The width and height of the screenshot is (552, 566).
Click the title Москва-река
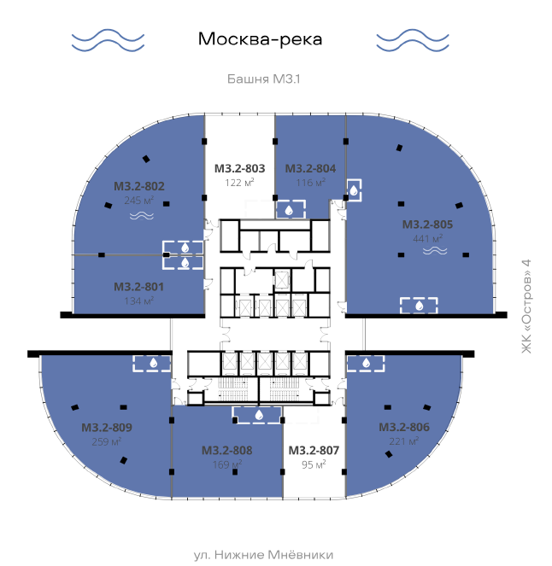260,39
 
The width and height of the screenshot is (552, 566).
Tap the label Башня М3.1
264,79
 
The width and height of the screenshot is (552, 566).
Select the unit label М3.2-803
239,168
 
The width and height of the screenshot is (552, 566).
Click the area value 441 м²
428,238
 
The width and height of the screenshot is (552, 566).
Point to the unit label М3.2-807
314,450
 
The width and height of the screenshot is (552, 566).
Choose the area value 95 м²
314,464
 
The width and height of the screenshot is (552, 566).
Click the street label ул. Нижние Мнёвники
263,554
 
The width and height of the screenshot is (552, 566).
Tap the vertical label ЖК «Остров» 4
526,306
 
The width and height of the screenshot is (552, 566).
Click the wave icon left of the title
108,40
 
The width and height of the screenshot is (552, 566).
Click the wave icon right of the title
413,40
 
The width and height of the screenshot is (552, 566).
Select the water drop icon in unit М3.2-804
289,210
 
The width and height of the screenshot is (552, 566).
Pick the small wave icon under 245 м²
142,216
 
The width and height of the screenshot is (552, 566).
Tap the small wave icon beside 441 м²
435,250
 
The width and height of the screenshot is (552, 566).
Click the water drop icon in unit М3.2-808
259,415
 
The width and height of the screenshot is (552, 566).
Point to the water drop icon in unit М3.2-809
154,363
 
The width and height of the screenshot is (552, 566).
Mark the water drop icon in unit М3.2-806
366,363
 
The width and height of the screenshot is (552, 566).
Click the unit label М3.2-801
138,287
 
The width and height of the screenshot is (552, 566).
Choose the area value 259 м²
106,441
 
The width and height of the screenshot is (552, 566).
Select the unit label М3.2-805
427,225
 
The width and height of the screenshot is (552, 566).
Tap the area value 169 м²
227,464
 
